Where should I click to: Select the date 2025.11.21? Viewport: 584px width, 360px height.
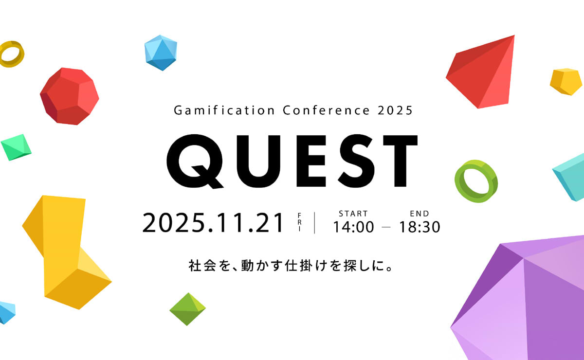213,223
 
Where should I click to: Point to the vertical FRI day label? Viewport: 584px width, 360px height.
299,223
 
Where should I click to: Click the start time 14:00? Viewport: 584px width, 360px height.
353,227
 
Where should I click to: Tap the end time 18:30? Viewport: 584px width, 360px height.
420,227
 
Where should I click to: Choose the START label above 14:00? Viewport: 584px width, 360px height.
353,214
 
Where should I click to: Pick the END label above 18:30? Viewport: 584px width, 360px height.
420,214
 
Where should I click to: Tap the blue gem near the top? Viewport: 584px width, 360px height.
161,53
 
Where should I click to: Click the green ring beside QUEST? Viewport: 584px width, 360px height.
476,180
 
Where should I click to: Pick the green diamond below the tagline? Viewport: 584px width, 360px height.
187,309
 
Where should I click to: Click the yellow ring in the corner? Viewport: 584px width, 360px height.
11,54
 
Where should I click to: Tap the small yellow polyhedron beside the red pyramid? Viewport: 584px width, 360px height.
566,81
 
